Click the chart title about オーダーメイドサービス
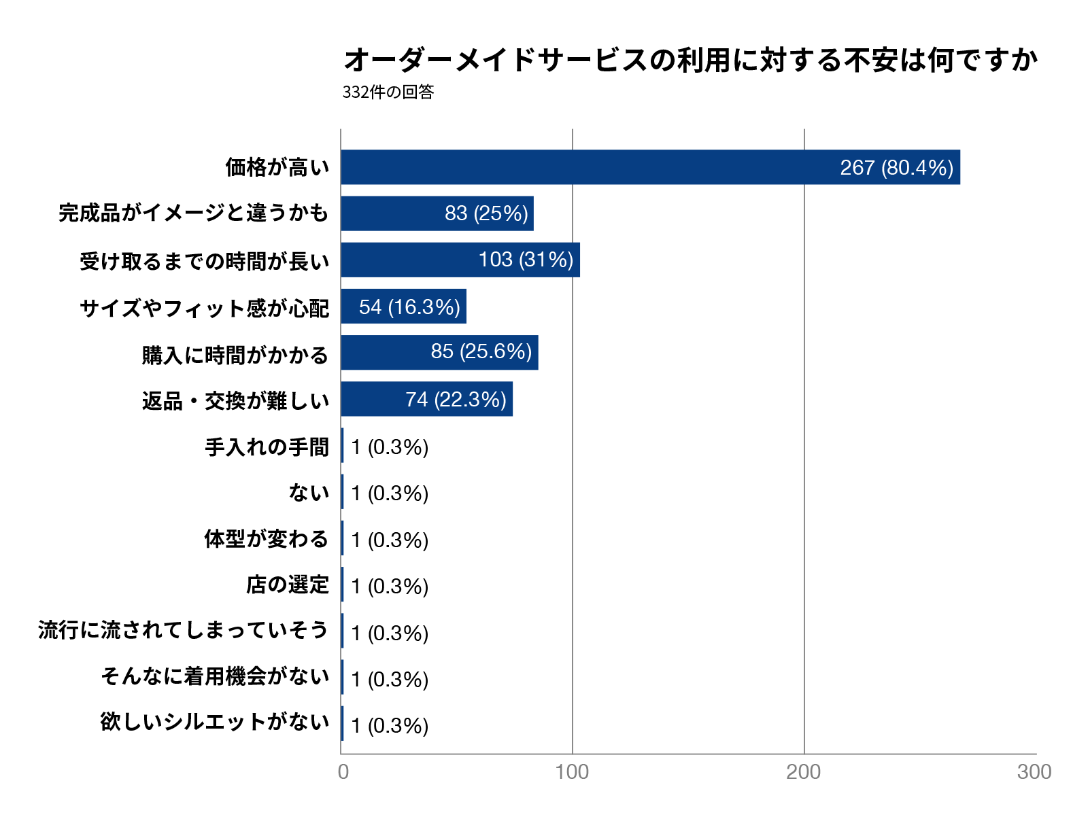coord(690,60)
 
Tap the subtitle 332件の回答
coord(388,92)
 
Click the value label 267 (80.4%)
coord(896,168)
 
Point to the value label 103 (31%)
coord(526,260)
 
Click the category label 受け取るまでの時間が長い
coord(204,261)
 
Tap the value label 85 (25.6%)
coord(481,351)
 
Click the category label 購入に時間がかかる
coord(235,355)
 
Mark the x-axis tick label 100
coord(571,772)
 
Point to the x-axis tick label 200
coord(803,772)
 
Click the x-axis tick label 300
coord(1034,772)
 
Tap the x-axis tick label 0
coord(343,772)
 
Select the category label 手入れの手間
coord(267,447)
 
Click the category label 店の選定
coord(287,585)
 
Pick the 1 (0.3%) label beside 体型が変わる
coord(390,540)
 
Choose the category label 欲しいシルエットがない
coord(214,722)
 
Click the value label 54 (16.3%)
coord(409,307)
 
